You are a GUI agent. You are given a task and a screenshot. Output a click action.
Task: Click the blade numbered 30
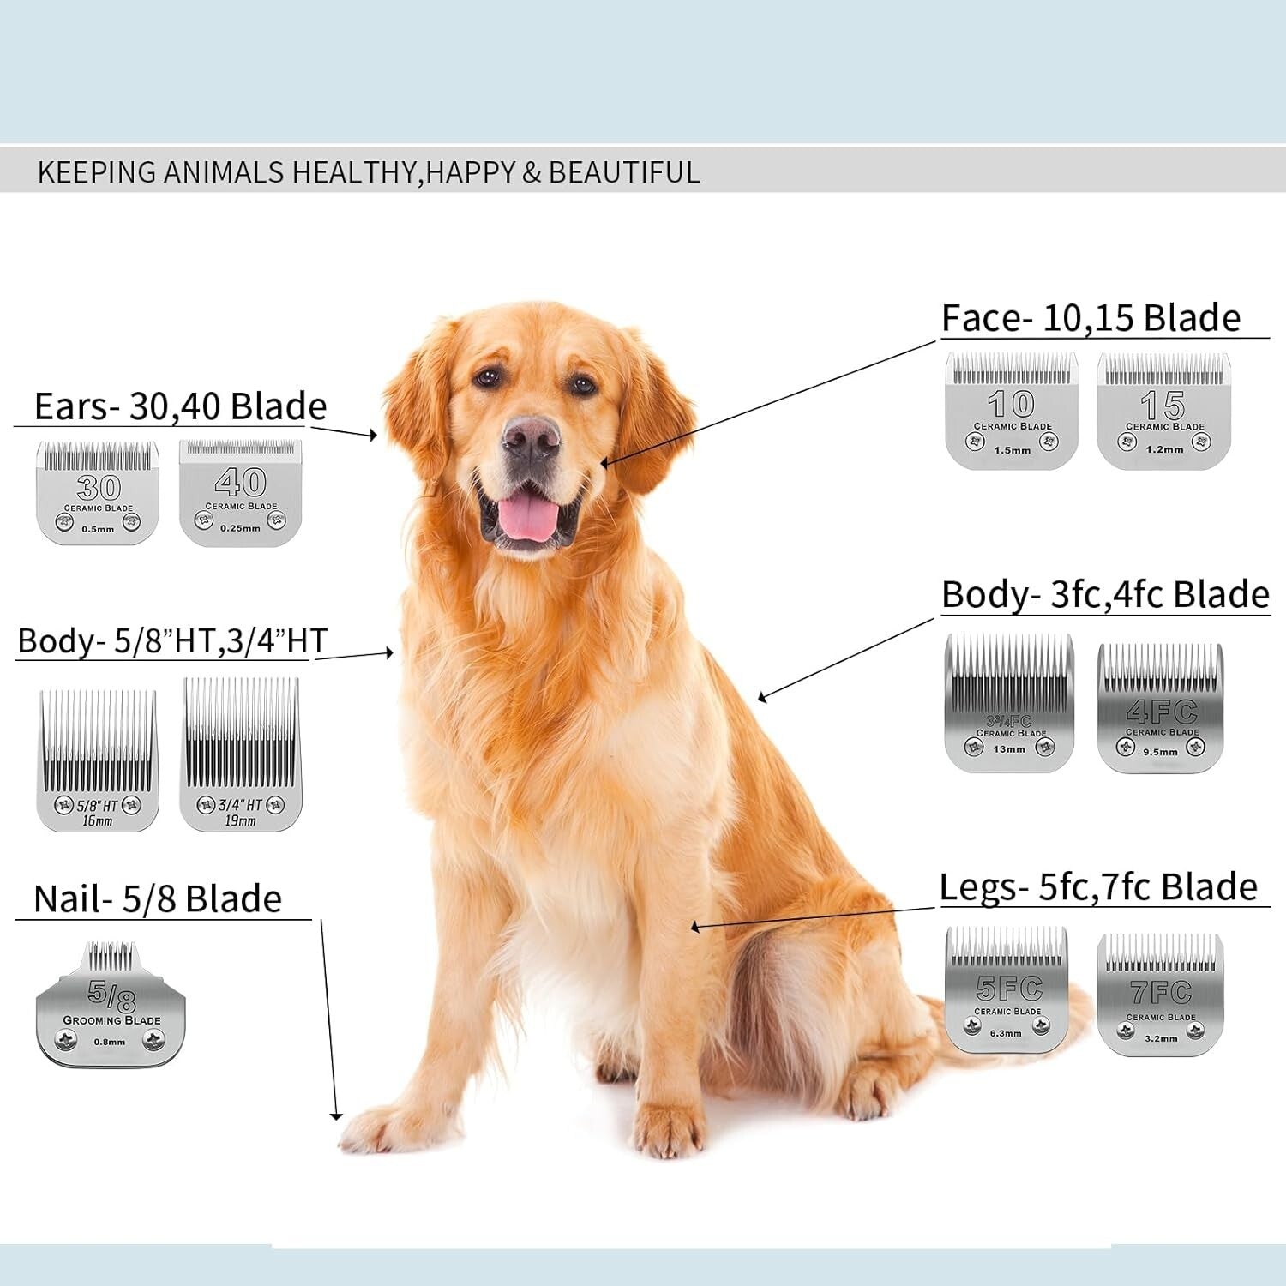coord(98,493)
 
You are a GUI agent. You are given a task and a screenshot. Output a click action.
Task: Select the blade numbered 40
coord(241,493)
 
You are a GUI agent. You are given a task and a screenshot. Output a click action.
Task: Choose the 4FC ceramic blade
coord(1161,708)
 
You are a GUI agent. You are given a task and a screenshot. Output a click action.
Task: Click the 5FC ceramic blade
coord(1007,990)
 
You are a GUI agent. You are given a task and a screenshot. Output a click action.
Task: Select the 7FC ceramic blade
coord(1161,995)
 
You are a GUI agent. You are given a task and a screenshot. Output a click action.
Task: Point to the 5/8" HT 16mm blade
coord(98,761)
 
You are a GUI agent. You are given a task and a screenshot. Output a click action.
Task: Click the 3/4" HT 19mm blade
coord(241,754)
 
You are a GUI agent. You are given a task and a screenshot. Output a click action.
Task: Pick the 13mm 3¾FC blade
coord(1009,703)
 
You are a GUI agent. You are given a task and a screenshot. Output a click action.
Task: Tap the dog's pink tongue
coord(527,516)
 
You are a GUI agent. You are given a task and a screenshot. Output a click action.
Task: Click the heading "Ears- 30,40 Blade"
coord(180,406)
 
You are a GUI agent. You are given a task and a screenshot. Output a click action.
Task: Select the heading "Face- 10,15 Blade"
coord(1091,318)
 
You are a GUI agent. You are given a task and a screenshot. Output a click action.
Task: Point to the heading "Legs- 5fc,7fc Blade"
coord(1098,887)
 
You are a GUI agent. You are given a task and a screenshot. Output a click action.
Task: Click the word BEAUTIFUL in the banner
coord(624,172)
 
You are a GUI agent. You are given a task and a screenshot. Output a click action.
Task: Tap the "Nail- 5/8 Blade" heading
coord(158,899)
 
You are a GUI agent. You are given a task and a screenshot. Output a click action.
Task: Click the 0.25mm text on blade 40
coord(240,528)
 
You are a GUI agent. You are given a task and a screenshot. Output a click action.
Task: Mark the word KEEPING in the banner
coord(96,172)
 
